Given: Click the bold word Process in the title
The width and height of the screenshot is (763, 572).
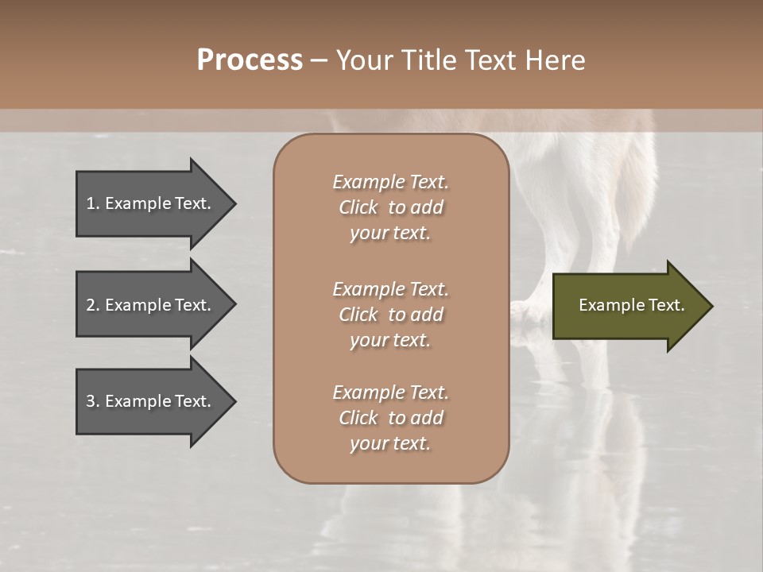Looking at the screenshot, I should click(250, 60).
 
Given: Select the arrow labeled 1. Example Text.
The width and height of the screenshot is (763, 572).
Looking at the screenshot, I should click(151, 203).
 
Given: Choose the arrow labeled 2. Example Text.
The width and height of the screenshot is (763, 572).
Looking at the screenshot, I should click(151, 305).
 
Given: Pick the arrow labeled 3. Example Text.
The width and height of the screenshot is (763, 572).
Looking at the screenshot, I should click(151, 401).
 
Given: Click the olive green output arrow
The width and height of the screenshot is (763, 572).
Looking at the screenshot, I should click(628, 306).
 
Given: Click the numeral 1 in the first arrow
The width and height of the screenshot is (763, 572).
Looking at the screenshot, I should click(91, 203).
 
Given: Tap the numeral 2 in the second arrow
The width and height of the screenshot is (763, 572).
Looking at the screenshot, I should click(91, 305).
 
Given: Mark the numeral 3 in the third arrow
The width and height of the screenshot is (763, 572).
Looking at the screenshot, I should click(91, 401).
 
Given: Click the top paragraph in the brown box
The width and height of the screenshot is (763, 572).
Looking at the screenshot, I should click(390, 207).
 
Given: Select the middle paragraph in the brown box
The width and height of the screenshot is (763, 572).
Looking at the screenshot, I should click(390, 315).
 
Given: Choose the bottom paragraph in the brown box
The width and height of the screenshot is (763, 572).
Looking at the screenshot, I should click(390, 418).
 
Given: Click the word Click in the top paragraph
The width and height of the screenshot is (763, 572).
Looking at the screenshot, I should click(358, 207).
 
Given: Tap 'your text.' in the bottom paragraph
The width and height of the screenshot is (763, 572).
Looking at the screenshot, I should click(390, 444).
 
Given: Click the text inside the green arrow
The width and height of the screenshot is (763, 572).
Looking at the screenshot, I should click(631, 305).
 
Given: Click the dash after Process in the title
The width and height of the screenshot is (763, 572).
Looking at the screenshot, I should click(319, 60).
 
